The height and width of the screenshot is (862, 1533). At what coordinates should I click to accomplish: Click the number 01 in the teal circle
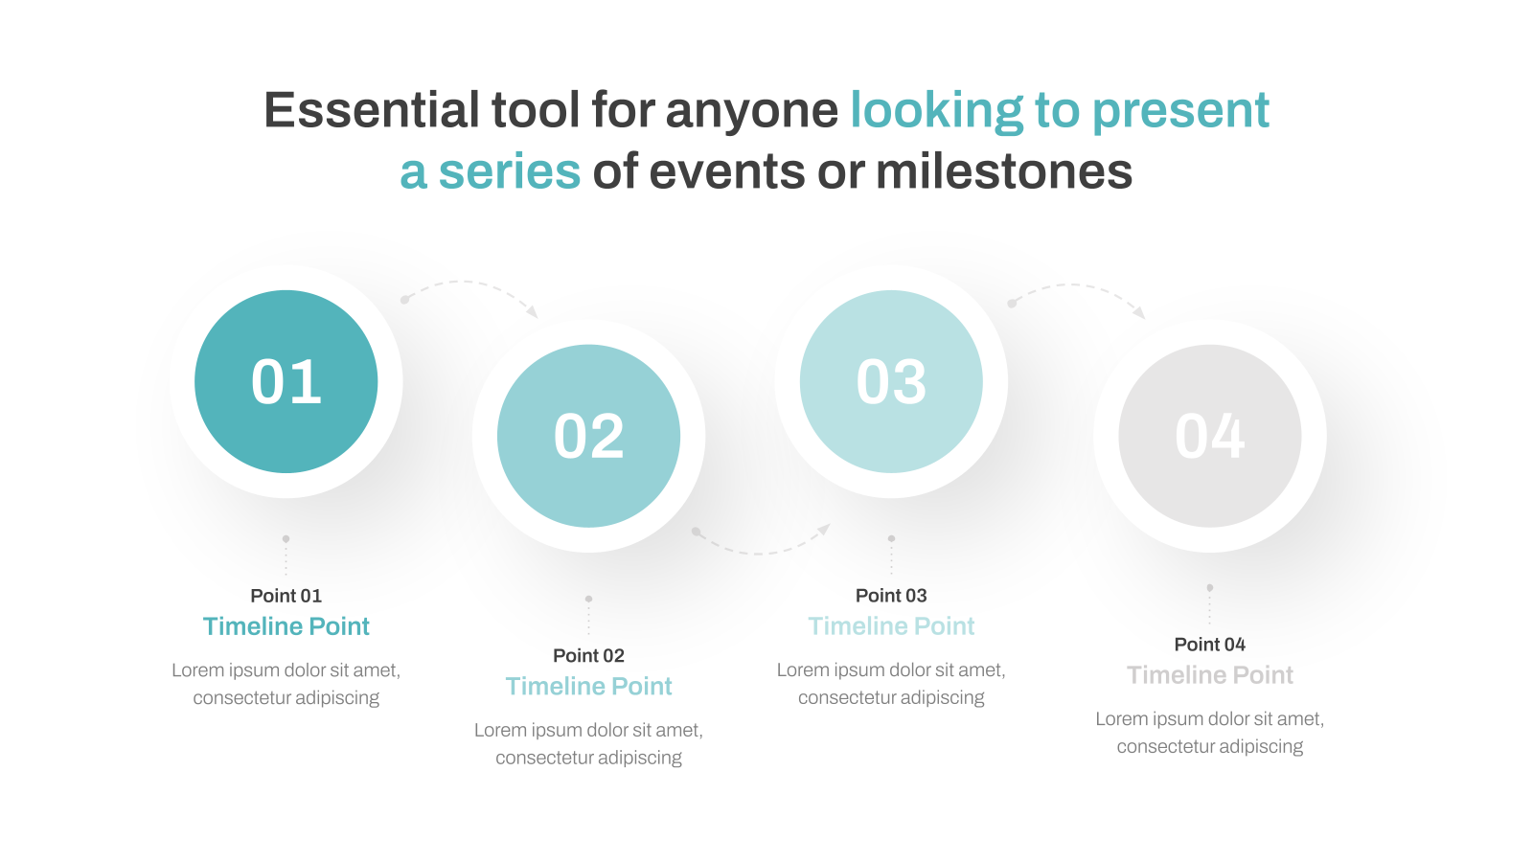[286, 382]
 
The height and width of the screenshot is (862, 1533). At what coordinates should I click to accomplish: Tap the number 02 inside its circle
[588, 437]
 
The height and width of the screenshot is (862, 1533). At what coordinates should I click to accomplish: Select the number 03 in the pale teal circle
[891, 382]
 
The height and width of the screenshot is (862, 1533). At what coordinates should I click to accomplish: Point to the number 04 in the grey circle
[1210, 437]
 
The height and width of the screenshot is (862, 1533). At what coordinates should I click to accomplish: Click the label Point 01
[286, 596]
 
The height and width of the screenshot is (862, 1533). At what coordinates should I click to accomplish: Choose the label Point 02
[588, 656]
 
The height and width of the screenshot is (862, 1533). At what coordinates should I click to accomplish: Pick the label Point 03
[891, 596]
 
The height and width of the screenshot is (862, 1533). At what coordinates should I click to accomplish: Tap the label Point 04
[1210, 645]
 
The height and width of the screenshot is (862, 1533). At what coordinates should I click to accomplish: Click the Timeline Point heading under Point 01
[286, 626]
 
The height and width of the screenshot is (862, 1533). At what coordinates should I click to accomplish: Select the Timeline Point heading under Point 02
[588, 686]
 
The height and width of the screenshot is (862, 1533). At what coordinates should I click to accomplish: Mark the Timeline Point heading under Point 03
[891, 626]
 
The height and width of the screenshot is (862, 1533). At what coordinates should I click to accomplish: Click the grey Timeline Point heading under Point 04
[1210, 675]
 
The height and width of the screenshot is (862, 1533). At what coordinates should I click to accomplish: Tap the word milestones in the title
[1004, 171]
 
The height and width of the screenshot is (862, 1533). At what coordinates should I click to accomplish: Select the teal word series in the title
[509, 171]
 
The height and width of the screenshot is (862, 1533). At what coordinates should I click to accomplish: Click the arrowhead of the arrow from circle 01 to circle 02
[533, 312]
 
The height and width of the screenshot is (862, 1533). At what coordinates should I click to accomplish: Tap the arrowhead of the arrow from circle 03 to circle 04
[1139, 312]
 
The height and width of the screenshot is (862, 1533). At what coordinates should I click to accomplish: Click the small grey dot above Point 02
[588, 600]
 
